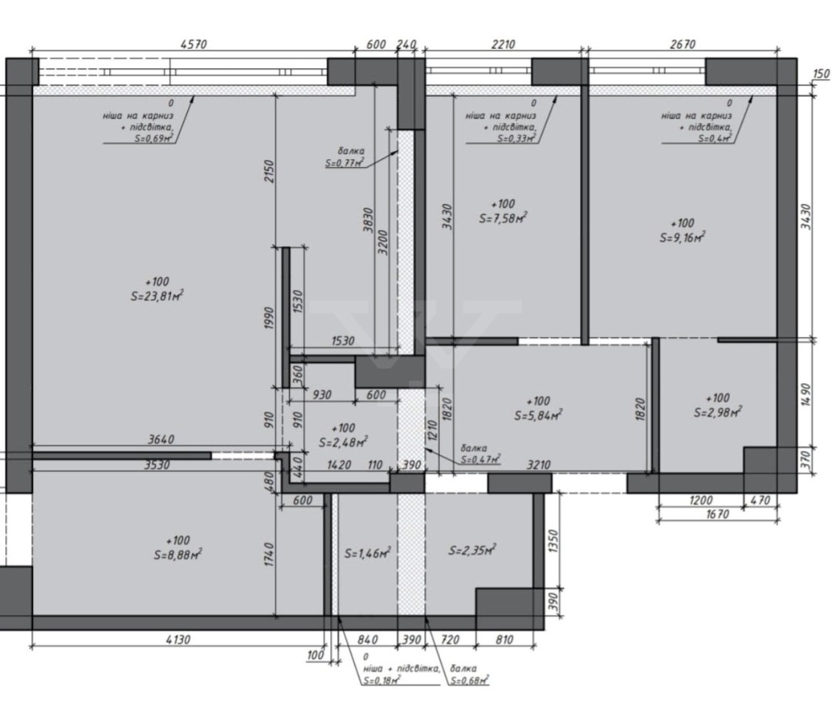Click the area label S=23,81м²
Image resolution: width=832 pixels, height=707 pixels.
pos(157,295)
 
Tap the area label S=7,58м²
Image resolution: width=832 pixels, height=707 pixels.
pos(503,217)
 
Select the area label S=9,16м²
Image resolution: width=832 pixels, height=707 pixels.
pos(682,237)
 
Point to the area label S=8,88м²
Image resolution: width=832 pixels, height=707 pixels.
pos(178,555)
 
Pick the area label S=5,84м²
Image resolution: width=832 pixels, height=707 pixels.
pos(538,415)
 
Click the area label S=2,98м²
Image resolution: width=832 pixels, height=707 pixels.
pos(718,412)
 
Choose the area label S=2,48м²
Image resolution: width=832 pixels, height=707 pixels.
pos(343,443)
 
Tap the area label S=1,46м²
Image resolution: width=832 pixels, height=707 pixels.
pos(368,553)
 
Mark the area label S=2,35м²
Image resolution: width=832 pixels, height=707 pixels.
pos(472,550)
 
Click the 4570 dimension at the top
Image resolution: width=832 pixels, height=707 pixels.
pos(193,44)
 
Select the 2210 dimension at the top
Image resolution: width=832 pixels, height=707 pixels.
pos(503,44)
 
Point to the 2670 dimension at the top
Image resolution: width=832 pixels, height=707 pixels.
pos(682,44)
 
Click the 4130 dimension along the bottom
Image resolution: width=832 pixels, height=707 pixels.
pos(177,639)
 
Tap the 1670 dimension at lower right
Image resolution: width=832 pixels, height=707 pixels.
pos(717,513)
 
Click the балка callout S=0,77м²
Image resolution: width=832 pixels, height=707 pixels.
pos(345,158)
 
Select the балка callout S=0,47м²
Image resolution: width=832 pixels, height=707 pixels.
pos(480,454)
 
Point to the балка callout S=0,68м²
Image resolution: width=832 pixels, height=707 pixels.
pos(469,674)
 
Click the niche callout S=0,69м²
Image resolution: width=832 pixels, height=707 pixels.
pos(139,120)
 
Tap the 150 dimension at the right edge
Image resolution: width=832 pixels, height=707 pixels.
pos(821,74)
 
